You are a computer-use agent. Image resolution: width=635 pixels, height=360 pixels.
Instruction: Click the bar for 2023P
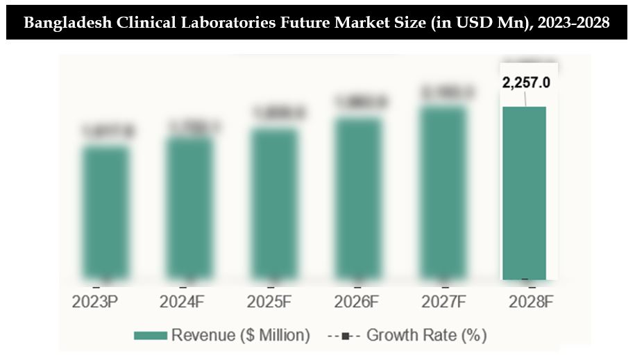pyautogui.click(x=105, y=212)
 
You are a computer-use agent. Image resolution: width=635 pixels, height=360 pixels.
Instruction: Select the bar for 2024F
pyautogui.click(x=189, y=208)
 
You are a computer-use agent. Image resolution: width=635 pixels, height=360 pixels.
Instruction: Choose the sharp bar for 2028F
pyautogui.click(x=525, y=193)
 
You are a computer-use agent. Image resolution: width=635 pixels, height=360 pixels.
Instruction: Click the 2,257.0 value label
pyautogui.click(x=526, y=83)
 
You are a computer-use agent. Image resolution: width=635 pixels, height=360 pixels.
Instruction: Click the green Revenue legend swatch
pyautogui.click(x=150, y=336)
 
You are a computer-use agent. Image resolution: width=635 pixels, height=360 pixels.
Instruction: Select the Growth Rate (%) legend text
pyautogui.click(x=426, y=336)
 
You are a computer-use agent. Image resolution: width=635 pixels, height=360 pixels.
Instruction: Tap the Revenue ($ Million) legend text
pyautogui.click(x=240, y=336)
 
